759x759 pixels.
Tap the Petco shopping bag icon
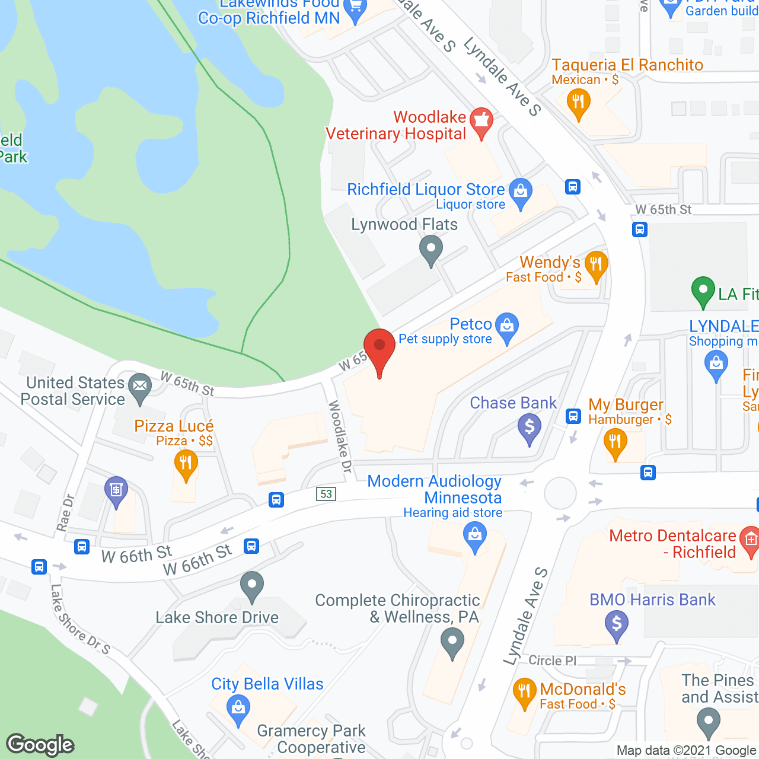click(x=506, y=327)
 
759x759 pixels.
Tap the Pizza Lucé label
click(x=174, y=426)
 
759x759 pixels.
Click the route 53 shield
click(x=326, y=493)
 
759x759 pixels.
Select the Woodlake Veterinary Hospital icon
click(x=481, y=121)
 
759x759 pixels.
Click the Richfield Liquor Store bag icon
click(x=521, y=192)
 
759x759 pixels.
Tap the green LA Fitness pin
click(x=703, y=291)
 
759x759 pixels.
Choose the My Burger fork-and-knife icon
click(x=615, y=442)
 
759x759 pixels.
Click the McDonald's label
click(x=582, y=689)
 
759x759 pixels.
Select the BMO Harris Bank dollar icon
click(x=617, y=624)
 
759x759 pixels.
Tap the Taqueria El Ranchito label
click(x=627, y=65)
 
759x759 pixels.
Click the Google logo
click(x=40, y=745)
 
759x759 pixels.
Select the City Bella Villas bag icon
click(x=238, y=709)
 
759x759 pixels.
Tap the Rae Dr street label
click(x=65, y=513)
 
